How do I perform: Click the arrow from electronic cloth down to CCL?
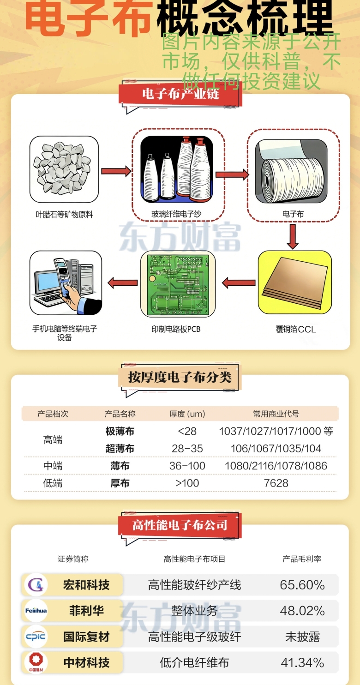(292, 236)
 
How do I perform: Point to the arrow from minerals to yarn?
(116, 171)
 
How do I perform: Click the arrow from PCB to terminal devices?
(122, 282)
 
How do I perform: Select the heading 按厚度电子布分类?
(180, 378)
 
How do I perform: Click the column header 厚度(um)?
(187, 414)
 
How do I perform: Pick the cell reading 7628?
(276, 483)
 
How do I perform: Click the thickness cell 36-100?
(187, 466)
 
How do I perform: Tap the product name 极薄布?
(120, 432)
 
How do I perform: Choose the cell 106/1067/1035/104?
(276, 449)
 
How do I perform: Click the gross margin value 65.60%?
(302, 585)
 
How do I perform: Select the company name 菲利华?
(86, 611)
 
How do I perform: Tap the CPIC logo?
(36, 637)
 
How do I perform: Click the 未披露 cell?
(302, 637)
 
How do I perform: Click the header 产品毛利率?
(302, 559)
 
